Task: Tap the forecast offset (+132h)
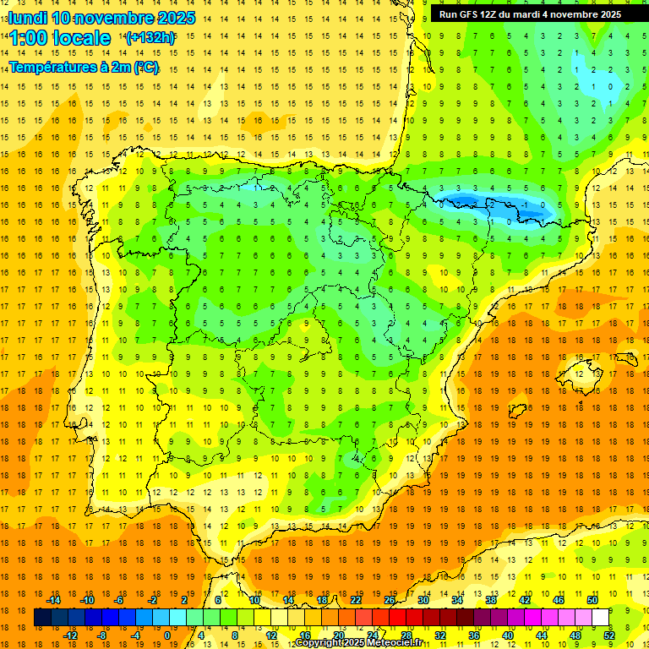(x=150, y=37)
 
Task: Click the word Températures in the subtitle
(x=53, y=68)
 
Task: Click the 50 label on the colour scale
(x=592, y=600)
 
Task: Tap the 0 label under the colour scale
(x=167, y=635)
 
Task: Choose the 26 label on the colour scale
(x=390, y=600)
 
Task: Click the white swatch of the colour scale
(x=600, y=618)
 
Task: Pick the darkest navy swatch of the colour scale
(x=42, y=618)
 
